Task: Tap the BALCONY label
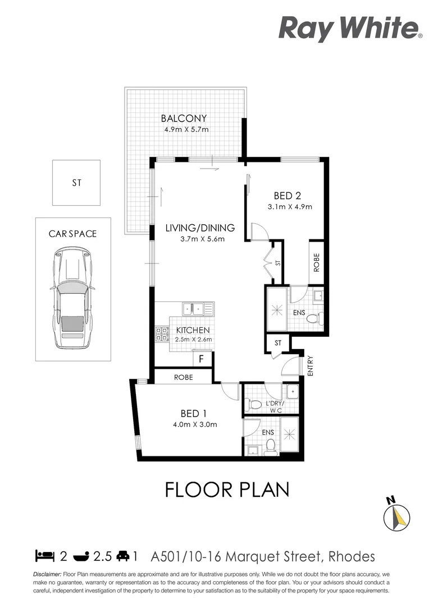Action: [184, 119]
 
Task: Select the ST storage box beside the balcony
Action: [76, 183]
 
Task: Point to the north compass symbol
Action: [399, 515]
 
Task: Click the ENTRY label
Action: [310, 366]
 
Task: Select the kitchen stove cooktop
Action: [162, 334]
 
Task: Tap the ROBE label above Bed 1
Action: [183, 377]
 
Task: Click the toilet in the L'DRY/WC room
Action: [255, 404]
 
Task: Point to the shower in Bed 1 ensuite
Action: [290, 434]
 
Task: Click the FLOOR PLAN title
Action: [227, 489]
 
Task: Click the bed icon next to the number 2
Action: [45, 557]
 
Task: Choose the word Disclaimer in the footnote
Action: [47, 574]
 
